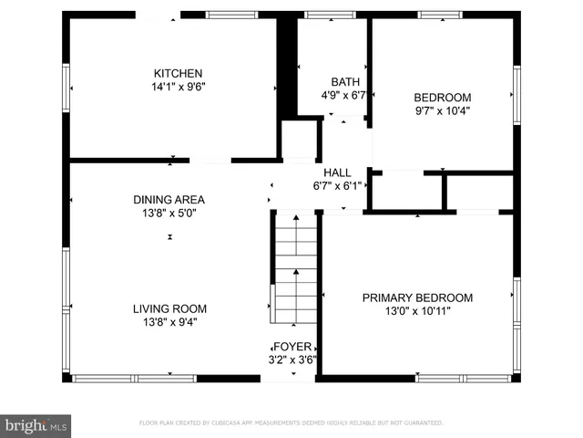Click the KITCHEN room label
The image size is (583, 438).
(178, 74)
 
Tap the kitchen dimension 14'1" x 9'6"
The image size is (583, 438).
(178, 88)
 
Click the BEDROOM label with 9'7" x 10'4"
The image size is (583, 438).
(443, 98)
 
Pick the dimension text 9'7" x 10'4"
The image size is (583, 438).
(443, 111)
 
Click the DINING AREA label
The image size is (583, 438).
(169, 199)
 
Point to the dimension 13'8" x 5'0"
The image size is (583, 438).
(169, 213)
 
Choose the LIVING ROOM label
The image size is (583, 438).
(169, 308)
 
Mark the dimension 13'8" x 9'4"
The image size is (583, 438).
(169, 322)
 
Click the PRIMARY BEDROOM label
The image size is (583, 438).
(417, 297)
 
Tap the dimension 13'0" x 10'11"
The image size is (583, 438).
(417, 311)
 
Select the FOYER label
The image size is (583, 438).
(293, 347)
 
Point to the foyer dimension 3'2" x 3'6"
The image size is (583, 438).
(293, 360)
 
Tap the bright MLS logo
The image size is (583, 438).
(36, 425)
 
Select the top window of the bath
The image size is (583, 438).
(318, 15)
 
